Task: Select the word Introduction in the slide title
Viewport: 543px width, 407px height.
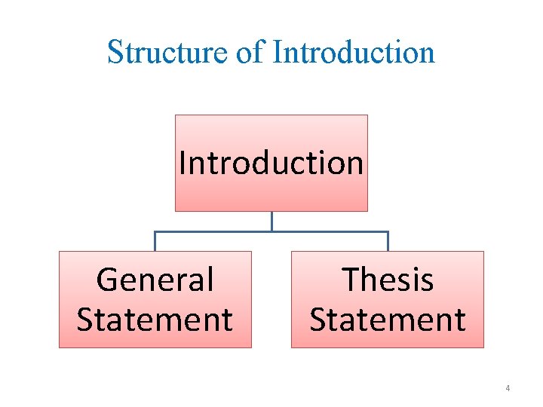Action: click(x=354, y=53)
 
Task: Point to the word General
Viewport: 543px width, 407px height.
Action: click(x=155, y=280)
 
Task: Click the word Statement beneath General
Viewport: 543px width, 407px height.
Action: click(x=155, y=320)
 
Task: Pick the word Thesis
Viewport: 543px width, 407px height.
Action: click(x=388, y=280)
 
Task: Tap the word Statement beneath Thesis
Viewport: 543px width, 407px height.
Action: click(x=388, y=320)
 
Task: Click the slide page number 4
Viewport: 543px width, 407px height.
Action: click(x=508, y=388)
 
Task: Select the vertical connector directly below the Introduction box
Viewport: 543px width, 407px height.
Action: click(x=271, y=222)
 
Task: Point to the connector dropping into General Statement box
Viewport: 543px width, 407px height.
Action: click(x=155, y=241)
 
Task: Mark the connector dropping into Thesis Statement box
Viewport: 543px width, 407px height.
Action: click(x=388, y=241)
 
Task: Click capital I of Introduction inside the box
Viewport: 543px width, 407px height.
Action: click(x=183, y=163)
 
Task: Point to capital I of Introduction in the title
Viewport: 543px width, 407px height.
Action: click(x=277, y=53)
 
